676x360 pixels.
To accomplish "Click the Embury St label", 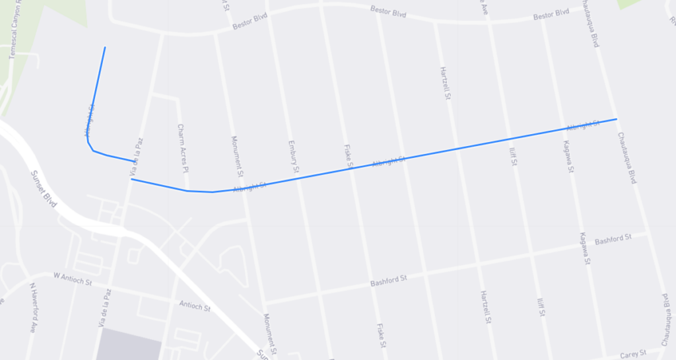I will point(294,157).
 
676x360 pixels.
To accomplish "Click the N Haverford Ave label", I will point(33,308).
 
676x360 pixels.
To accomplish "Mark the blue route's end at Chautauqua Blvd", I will point(617,119).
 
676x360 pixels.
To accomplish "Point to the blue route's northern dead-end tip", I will point(105,48).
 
